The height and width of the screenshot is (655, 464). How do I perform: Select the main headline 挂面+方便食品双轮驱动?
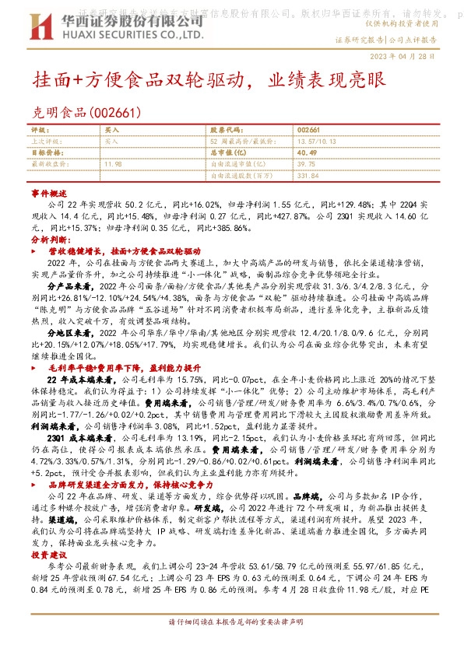click(x=139, y=80)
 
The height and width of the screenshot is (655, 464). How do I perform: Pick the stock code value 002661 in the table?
click(x=308, y=129)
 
